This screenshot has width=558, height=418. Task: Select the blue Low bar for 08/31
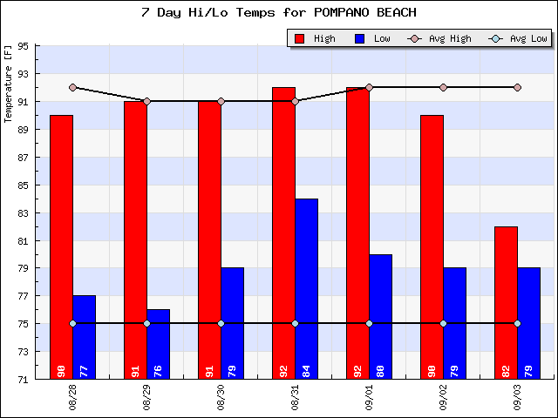click(306, 287)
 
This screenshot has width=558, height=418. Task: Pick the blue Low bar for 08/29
click(158, 344)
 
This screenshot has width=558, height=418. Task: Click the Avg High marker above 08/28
click(72, 87)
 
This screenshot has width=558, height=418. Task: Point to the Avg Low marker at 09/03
click(517, 323)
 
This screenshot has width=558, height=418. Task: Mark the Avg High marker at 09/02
click(443, 87)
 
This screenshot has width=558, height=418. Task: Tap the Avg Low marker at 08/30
click(221, 323)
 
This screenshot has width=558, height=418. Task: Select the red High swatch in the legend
click(300, 38)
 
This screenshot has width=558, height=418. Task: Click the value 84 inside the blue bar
click(306, 370)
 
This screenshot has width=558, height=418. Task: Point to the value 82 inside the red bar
click(506, 370)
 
